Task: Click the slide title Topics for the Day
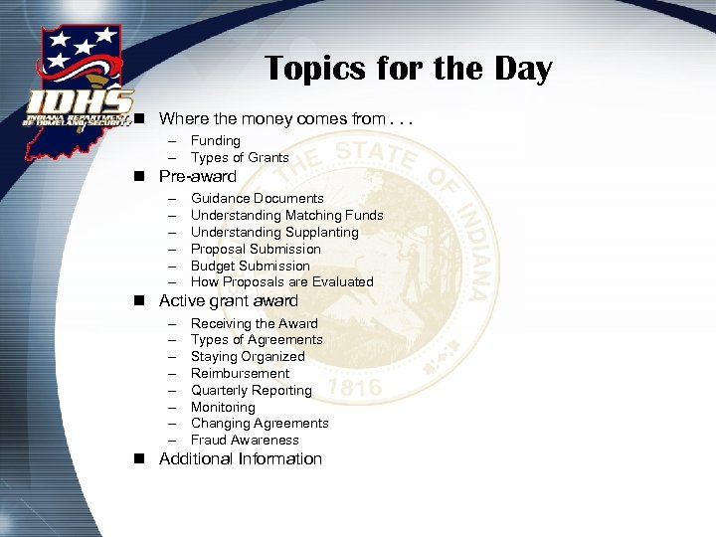tap(408, 69)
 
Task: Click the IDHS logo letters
tap(80, 101)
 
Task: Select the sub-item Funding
tap(216, 141)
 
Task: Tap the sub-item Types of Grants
tap(240, 157)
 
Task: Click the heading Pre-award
tap(198, 176)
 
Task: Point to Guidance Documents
tap(257, 199)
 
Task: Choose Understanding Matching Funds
tap(286, 215)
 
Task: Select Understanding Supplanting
tap(274, 232)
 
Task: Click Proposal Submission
tap(256, 249)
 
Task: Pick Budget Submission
tap(251, 266)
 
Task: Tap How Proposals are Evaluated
tap(282, 281)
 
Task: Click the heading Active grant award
tap(229, 300)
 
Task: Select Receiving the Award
tap(255, 323)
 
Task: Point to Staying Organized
tap(248, 356)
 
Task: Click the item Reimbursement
tap(241, 373)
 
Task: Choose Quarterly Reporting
tap(252, 390)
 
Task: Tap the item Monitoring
tap(223, 407)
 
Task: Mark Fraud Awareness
tap(245, 440)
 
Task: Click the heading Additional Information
tap(241, 458)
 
